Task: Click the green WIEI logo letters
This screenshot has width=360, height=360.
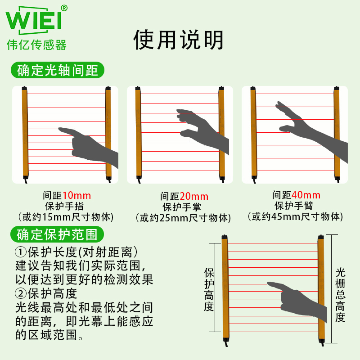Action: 34,20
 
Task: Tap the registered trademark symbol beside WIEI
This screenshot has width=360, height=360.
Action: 64,8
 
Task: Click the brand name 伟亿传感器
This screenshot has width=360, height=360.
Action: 36,45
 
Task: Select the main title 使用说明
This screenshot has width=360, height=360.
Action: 178,40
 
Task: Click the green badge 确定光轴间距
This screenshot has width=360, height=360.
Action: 58,70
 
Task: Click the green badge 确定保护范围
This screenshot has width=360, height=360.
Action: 57,234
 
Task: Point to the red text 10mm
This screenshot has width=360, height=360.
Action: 76,196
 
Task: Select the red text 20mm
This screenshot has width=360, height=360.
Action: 194,197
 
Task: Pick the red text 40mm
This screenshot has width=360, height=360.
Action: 306,195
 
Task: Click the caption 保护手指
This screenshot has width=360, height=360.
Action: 64,206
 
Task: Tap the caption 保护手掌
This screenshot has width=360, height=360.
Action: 182,207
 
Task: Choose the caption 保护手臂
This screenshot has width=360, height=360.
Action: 294,206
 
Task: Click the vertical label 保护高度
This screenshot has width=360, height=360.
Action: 209,290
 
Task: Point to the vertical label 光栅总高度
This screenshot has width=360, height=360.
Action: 340,295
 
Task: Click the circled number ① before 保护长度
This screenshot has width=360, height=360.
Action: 21,252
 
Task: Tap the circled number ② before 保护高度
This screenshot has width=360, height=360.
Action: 21,293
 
